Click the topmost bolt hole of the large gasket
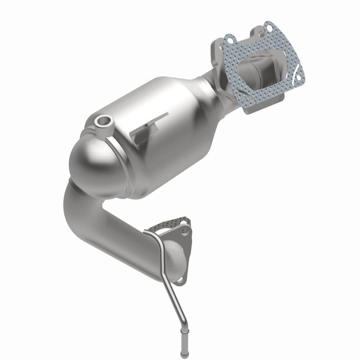pyautogui.click(x=269, y=27)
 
